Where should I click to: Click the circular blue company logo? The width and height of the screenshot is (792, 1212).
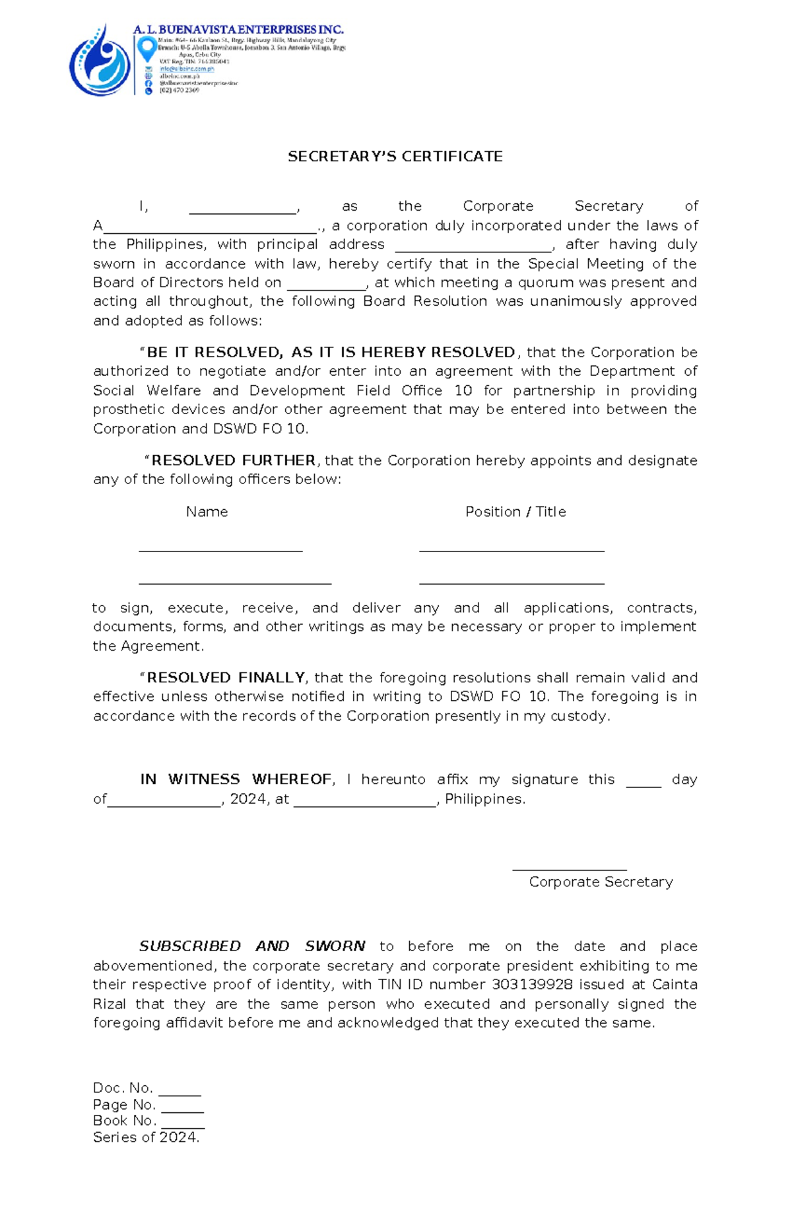(x=100, y=61)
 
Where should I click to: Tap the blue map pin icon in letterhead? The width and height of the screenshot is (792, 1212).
(x=147, y=48)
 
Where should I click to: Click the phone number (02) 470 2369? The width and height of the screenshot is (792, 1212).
(x=179, y=90)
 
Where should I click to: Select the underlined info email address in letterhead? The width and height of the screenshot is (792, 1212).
(x=187, y=69)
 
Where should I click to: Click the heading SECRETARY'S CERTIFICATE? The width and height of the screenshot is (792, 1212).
(x=395, y=157)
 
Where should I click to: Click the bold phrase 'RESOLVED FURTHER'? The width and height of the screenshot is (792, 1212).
(x=233, y=460)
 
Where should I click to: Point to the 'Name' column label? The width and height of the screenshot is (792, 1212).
(x=207, y=512)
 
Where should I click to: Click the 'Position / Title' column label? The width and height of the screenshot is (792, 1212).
(x=515, y=512)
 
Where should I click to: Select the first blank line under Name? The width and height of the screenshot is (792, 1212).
(x=220, y=549)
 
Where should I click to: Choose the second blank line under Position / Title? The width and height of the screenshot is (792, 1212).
(x=511, y=582)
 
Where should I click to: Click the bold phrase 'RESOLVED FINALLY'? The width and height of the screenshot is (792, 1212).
(x=225, y=678)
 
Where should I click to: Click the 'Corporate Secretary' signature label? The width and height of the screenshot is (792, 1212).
(x=601, y=882)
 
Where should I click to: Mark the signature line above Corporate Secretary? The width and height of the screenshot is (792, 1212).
(x=570, y=869)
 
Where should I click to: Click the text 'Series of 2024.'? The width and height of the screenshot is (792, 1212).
(x=146, y=1137)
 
